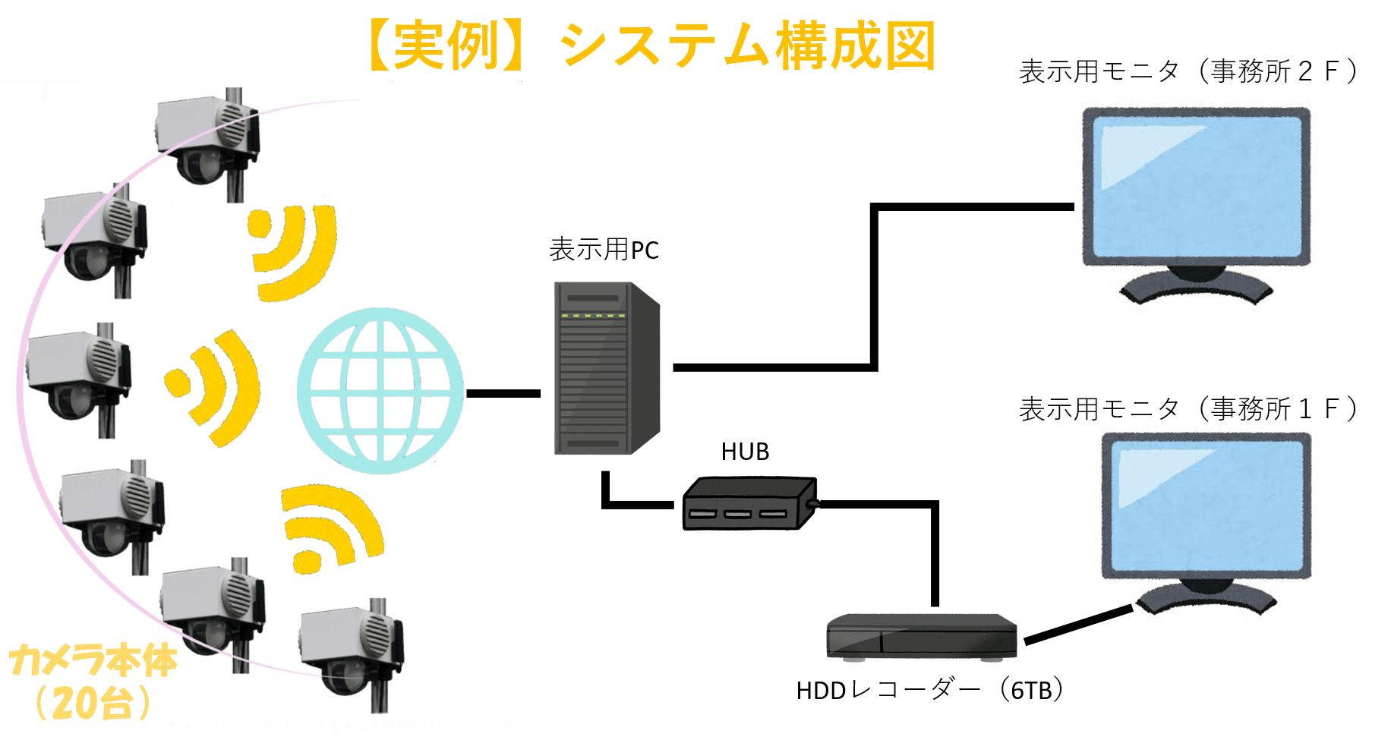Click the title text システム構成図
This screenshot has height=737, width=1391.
[x=748, y=46]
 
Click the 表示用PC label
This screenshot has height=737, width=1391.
[x=604, y=250]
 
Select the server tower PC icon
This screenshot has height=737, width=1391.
[x=605, y=369]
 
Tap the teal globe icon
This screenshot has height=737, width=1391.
[x=380, y=391]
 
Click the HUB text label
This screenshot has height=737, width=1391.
[x=745, y=452]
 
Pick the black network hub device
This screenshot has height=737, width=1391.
[x=748, y=504]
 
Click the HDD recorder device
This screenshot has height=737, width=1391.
[x=921, y=636]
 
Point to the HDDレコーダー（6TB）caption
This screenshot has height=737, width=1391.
[x=931, y=690]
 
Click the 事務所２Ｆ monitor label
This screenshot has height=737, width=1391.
[x=1188, y=71]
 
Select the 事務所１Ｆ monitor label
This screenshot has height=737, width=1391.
[x=1188, y=409]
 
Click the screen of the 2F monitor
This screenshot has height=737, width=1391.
[x=1196, y=186]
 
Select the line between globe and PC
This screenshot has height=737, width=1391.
[x=503, y=393]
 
